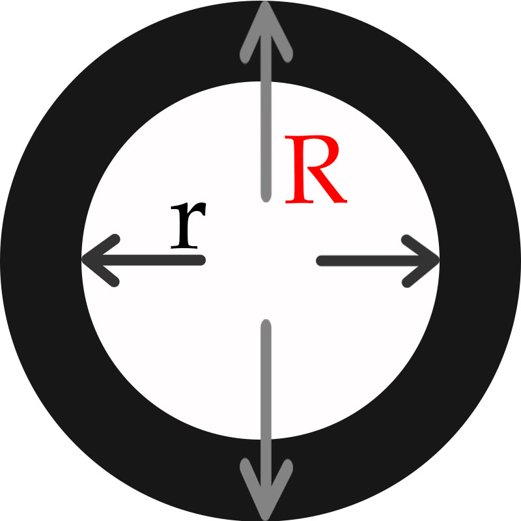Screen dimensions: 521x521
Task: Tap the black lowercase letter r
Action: pos(188,225)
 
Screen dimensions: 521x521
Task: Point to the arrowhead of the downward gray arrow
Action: pos(266,489)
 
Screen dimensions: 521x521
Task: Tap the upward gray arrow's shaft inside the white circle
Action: pos(266,141)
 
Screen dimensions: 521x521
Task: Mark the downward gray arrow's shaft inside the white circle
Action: pos(266,379)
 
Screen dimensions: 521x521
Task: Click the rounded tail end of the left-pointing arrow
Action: pos(201,260)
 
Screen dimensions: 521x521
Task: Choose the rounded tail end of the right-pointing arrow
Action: pos(321,261)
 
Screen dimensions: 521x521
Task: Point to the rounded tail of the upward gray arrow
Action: pos(266,197)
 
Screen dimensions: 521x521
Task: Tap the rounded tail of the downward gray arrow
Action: pos(266,324)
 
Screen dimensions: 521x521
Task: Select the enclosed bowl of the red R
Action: pos(316,153)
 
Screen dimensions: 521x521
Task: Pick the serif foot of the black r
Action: pos(184,247)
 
